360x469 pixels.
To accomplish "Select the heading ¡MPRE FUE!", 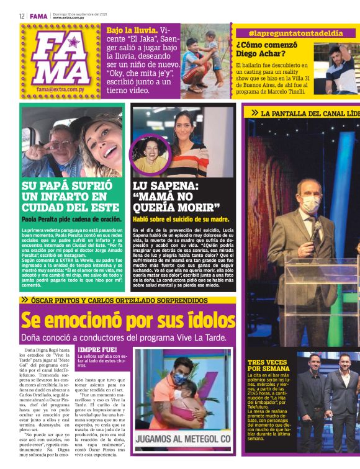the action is (97, 349).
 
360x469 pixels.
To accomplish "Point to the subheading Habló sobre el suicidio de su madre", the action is (181, 219).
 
